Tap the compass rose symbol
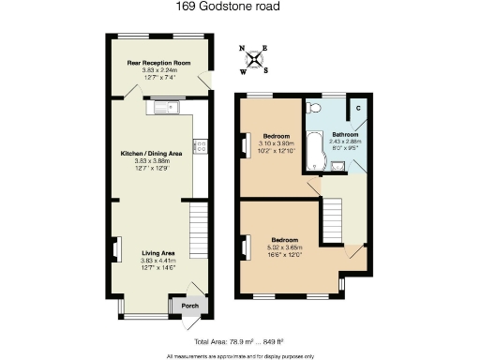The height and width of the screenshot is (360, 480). [253, 57]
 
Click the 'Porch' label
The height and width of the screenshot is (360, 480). [188, 306]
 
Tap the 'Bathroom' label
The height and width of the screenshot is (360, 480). [343, 135]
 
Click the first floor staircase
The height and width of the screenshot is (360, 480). [336, 221]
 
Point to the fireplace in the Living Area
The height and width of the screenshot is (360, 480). [117, 249]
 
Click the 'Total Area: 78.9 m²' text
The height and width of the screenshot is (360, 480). [238, 343]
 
